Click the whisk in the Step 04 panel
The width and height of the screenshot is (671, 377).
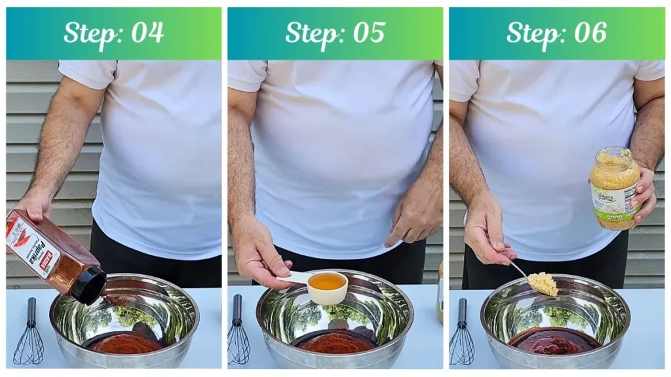pos(29,334)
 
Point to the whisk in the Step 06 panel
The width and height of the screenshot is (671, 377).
pos(461,334)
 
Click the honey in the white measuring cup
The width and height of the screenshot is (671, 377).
pos(327,281)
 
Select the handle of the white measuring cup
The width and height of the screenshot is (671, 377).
pos(292,278)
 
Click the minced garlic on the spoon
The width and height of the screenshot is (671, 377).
pos(543,283)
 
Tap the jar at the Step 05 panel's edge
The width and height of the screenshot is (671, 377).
pos(440,291)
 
